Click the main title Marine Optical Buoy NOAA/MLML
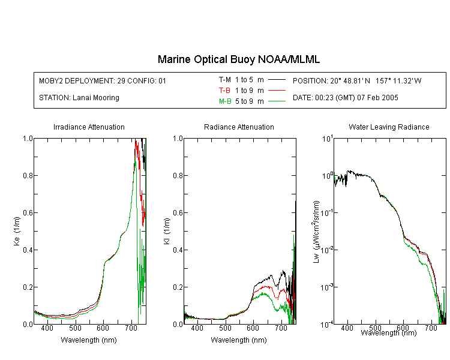pyautogui.click(x=238, y=59)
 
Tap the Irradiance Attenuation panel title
pyautogui.click(x=89, y=127)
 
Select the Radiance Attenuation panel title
pyautogui.click(x=239, y=127)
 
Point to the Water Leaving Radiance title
pyautogui.click(x=389, y=127)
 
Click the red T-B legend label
pyautogui.click(x=224, y=91)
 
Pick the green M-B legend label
pyautogui.click(x=225, y=101)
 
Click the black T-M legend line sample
pyautogui.click(x=277, y=80)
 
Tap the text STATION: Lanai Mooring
pyautogui.click(x=79, y=98)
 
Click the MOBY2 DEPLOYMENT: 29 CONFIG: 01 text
pyautogui.click(x=103, y=80)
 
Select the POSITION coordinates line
pyautogui.click(x=357, y=80)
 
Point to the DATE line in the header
pyautogui.click(x=345, y=98)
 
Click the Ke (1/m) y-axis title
pyautogui.click(x=17, y=231)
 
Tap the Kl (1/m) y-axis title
pyautogui.click(x=166, y=231)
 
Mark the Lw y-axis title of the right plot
pyautogui.click(x=316, y=232)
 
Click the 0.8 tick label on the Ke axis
pyautogui.click(x=28, y=175)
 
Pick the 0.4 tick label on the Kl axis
pyautogui.click(x=178, y=250)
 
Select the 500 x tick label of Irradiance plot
pyautogui.click(x=75, y=328)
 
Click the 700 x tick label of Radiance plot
pyautogui.click(x=281, y=328)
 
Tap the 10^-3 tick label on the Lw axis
pyautogui.click(x=327, y=286)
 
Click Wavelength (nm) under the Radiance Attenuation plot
pyautogui.click(x=239, y=340)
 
